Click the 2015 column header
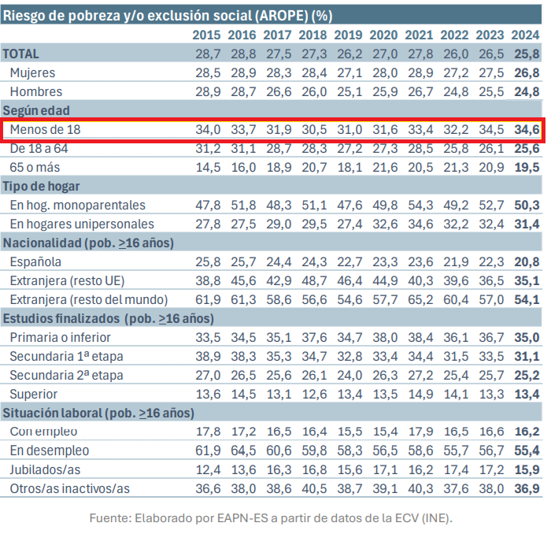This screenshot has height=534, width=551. (x=206, y=35)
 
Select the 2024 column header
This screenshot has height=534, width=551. (x=525, y=35)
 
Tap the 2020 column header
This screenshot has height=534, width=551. (x=383, y=35)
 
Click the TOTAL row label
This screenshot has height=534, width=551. (x=21, y=54)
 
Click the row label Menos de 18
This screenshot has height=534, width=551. (x=45, y=129)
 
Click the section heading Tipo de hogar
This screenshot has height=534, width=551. (x=43, y=186)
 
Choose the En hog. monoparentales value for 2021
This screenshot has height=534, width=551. (x=419, y=205)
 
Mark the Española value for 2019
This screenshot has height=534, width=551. (x=348, y=261)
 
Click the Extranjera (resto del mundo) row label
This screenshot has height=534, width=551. (x=89, y=299)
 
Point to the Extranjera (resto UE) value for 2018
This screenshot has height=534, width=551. (x=312, y=280)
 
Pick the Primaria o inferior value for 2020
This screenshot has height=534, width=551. (x=383, y=337)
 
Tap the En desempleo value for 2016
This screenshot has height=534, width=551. (x=242, y=451)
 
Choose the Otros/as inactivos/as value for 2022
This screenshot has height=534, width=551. (x=454, y=488)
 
